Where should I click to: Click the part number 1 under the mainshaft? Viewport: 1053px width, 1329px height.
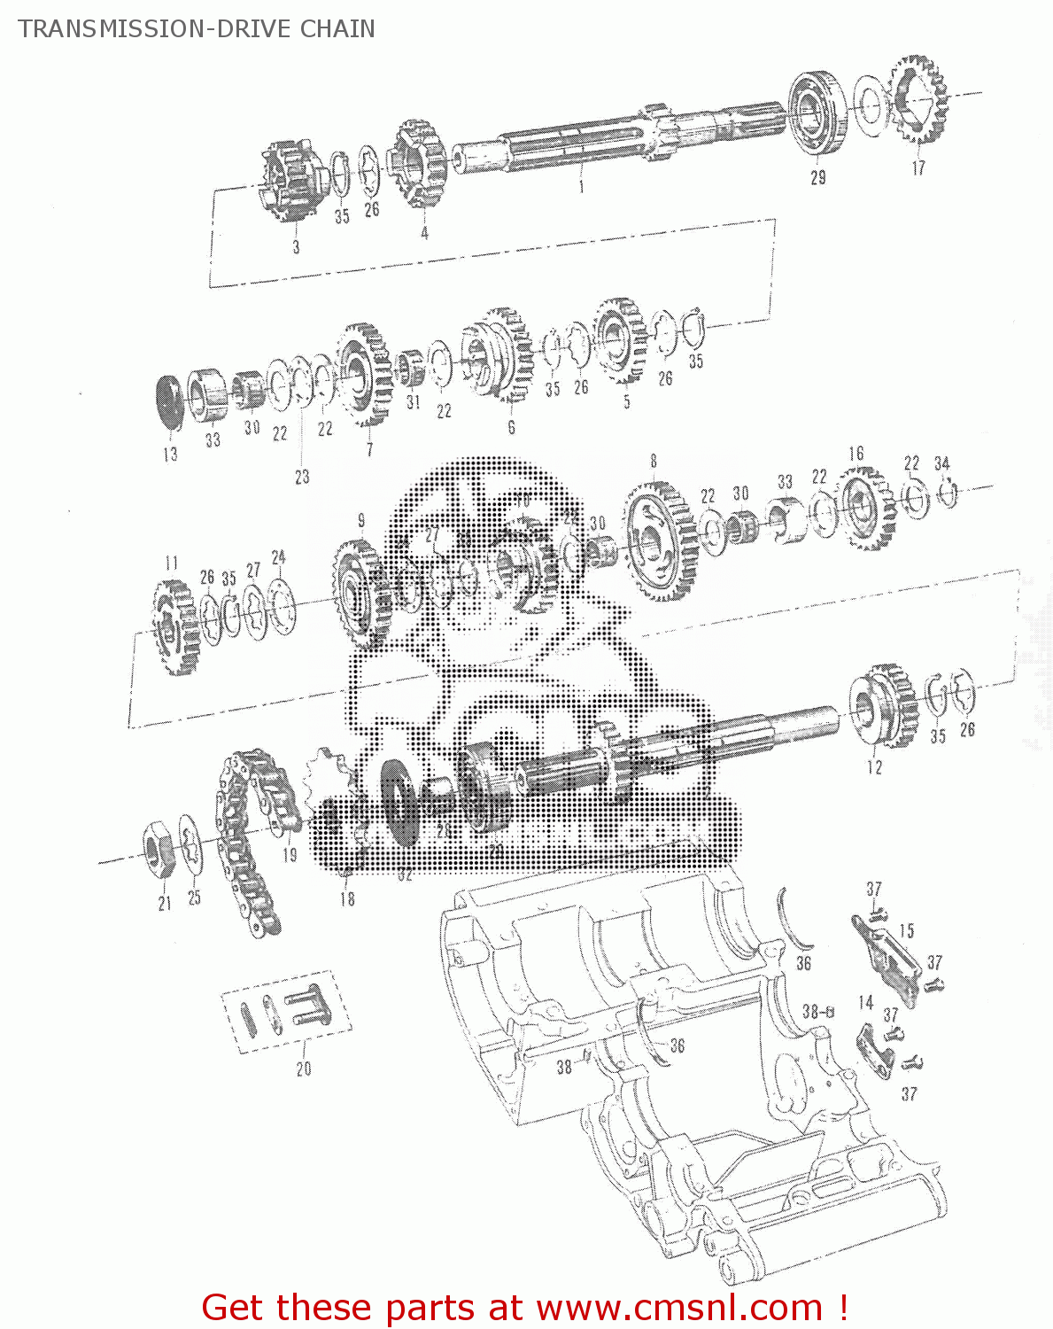tap(581, 186)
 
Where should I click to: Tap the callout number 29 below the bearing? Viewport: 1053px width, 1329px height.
tap(817, 177)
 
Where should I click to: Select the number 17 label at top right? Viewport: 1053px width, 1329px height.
tap(918, 167)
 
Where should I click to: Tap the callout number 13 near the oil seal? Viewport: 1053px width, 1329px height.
tap(170, 454)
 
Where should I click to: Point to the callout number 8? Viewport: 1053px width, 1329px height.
tap(654, 461)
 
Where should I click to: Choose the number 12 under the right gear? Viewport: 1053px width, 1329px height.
tap(874, 767)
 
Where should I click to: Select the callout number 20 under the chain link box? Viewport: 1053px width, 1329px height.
tap(304, 1069)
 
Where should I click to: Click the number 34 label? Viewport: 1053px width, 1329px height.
tap(941, 463)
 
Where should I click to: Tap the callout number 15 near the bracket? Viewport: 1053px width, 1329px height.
tap(906, 930)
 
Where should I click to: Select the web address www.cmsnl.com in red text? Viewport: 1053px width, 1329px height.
tap(680, 1308)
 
